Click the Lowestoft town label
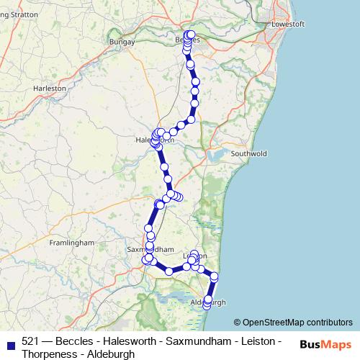289,24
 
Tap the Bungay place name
122,42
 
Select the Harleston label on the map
50,88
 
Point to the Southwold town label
248,153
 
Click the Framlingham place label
71,243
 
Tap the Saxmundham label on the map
150,249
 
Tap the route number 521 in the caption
30,341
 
